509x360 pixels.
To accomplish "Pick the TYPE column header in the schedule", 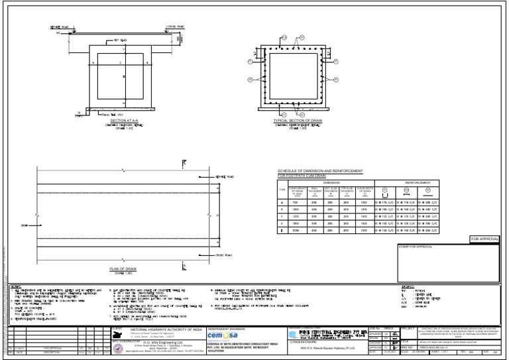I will point(282,190).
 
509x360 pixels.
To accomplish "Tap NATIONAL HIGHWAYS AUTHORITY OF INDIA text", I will point(166,330).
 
